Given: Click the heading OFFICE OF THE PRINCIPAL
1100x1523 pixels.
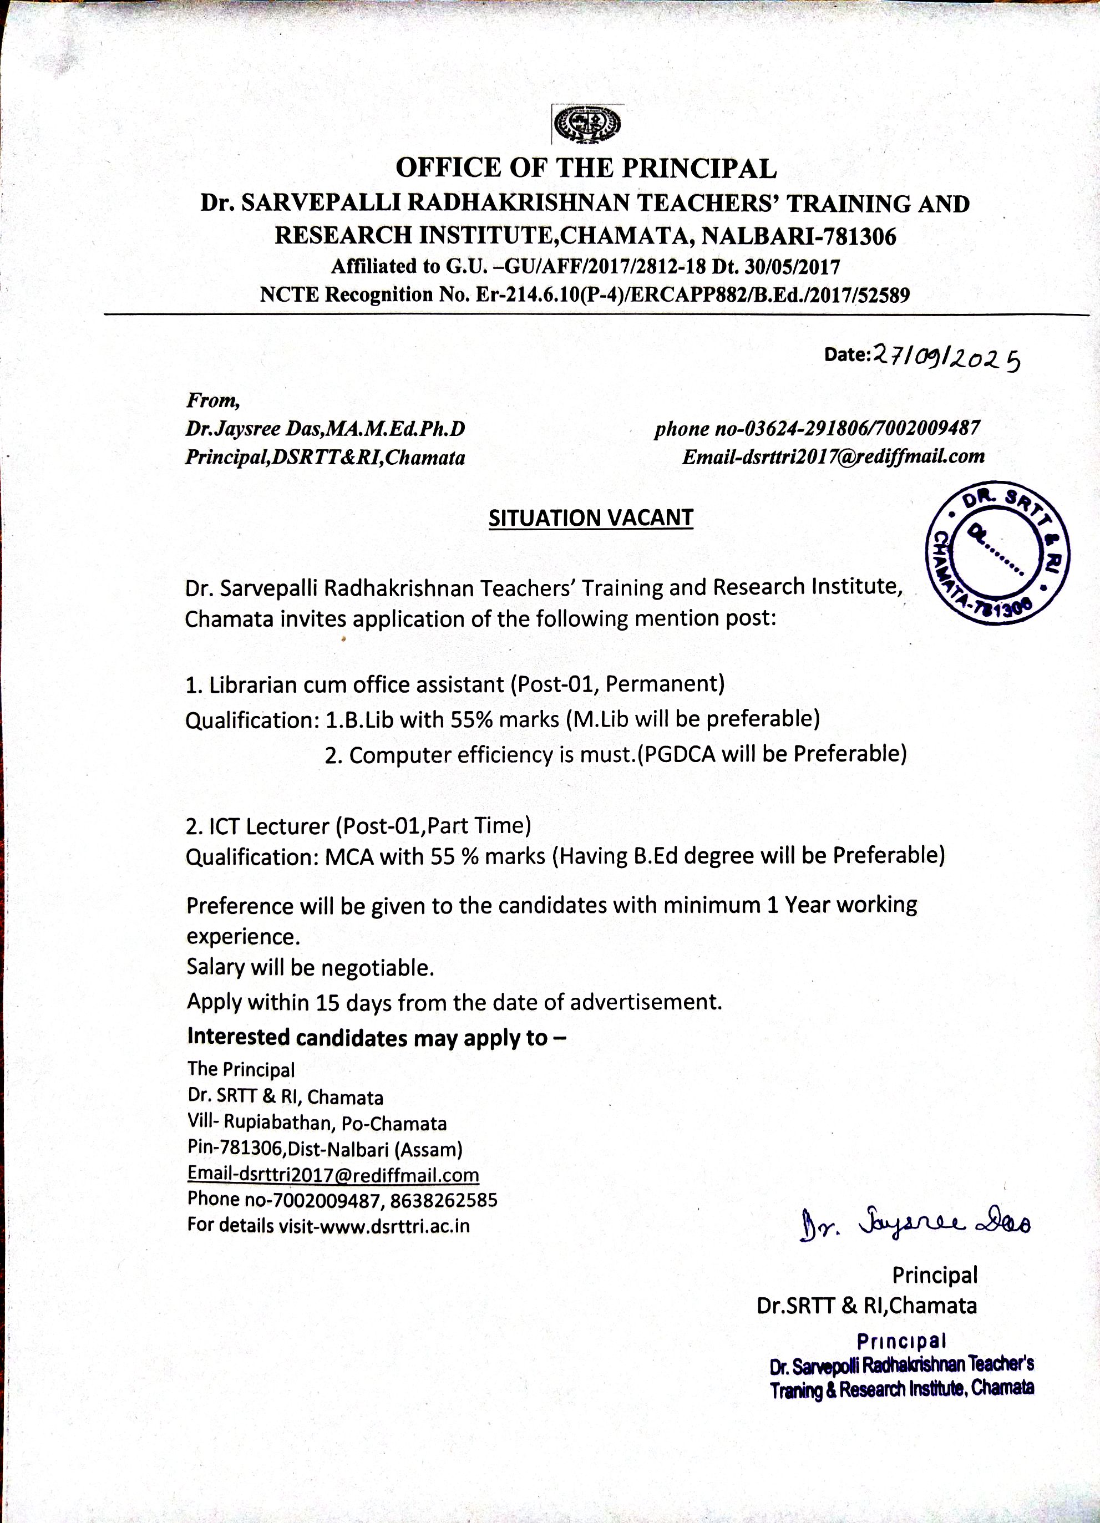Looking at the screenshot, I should [x=586, y=168].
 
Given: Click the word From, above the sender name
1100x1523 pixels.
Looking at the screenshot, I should [x=213, y=401].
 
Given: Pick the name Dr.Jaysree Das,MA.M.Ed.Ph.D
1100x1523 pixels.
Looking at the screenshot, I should [x=325, y=429].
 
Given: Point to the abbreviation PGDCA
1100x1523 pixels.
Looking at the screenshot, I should [x=679, y=755].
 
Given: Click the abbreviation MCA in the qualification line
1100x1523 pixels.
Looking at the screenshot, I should [x=349, y=857].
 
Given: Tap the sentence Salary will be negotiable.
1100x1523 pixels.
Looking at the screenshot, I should [x=310, y=968].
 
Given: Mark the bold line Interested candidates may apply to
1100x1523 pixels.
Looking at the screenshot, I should [x=376, y=1038].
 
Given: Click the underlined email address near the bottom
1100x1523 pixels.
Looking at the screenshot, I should [x=333, y=1175].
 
